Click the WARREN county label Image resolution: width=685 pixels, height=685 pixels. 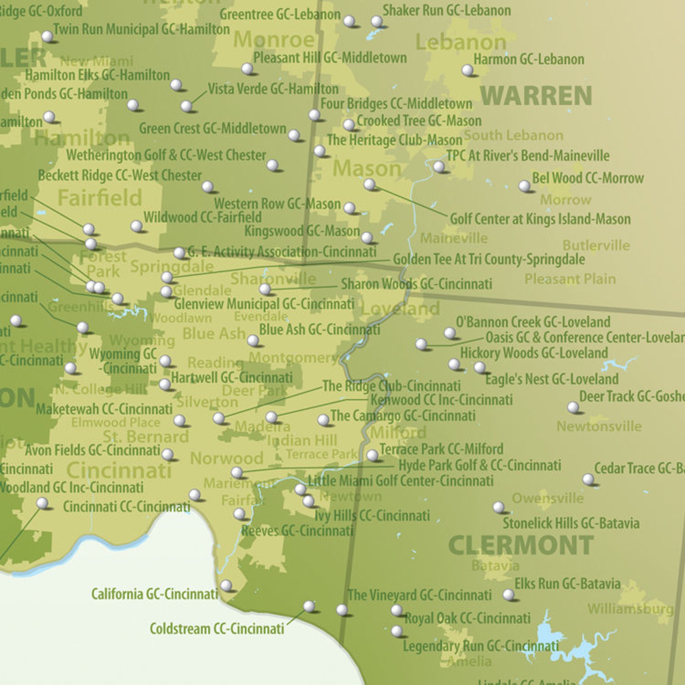536,96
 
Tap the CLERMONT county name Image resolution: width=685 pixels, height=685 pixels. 521,545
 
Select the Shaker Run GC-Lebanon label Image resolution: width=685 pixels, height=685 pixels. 446,10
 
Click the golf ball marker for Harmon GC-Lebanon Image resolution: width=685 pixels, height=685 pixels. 467,70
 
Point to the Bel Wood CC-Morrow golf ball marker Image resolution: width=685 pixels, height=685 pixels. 524,186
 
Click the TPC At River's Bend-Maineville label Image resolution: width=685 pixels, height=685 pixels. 528,155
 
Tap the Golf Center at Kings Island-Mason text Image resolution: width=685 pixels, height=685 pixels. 540,219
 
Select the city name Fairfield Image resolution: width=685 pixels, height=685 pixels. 100,198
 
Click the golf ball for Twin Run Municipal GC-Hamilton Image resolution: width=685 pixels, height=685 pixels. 47,36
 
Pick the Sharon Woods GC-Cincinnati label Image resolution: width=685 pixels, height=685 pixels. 416,284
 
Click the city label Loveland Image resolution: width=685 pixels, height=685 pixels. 400,309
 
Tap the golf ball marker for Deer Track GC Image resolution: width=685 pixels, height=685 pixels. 573,407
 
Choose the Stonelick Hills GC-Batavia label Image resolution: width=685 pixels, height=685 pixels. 571,523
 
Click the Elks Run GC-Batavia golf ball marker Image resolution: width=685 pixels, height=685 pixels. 509,595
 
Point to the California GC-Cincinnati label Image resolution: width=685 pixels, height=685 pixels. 154,594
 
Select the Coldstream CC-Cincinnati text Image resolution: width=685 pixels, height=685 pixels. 217,628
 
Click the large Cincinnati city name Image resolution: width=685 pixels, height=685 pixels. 119,470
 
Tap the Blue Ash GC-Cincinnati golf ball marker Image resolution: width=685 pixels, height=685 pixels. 253,340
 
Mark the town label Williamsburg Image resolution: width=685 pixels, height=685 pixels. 630,609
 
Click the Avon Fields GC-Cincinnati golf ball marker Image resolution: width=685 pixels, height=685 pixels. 167,454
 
